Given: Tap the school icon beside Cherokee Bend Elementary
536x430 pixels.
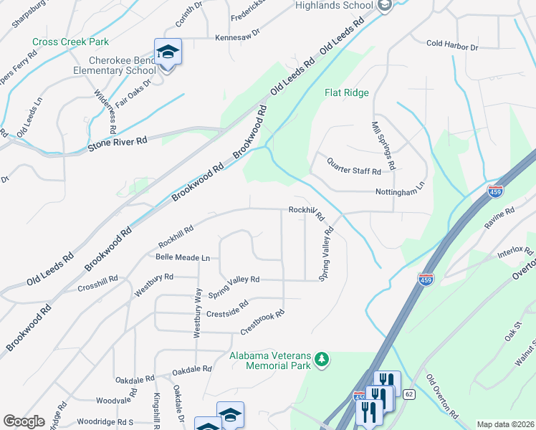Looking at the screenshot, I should (x=168, y=52).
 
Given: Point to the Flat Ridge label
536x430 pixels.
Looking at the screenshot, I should (x=347, y=93).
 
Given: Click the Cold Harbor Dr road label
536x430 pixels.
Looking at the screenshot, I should (x=451, y=45).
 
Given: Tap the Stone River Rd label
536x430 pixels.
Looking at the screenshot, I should (x=117, y=143).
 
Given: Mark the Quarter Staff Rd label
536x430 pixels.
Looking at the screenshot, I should (x=353, y=168).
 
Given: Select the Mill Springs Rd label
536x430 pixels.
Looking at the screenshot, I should (x=383, y=145).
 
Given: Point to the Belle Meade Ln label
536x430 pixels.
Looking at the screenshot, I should (x=183, y=257).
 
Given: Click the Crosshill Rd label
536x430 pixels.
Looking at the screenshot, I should (x=97, y=283).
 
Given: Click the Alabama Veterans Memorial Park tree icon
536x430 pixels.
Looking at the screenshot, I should (x=322, y=358).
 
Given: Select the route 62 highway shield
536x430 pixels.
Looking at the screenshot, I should (x=408, y=393).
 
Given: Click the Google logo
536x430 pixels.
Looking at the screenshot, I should (x=24, y=421).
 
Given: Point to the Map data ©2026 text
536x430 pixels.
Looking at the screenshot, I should (x=505, y=424).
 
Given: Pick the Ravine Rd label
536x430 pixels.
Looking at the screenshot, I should (x=499, y=217).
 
